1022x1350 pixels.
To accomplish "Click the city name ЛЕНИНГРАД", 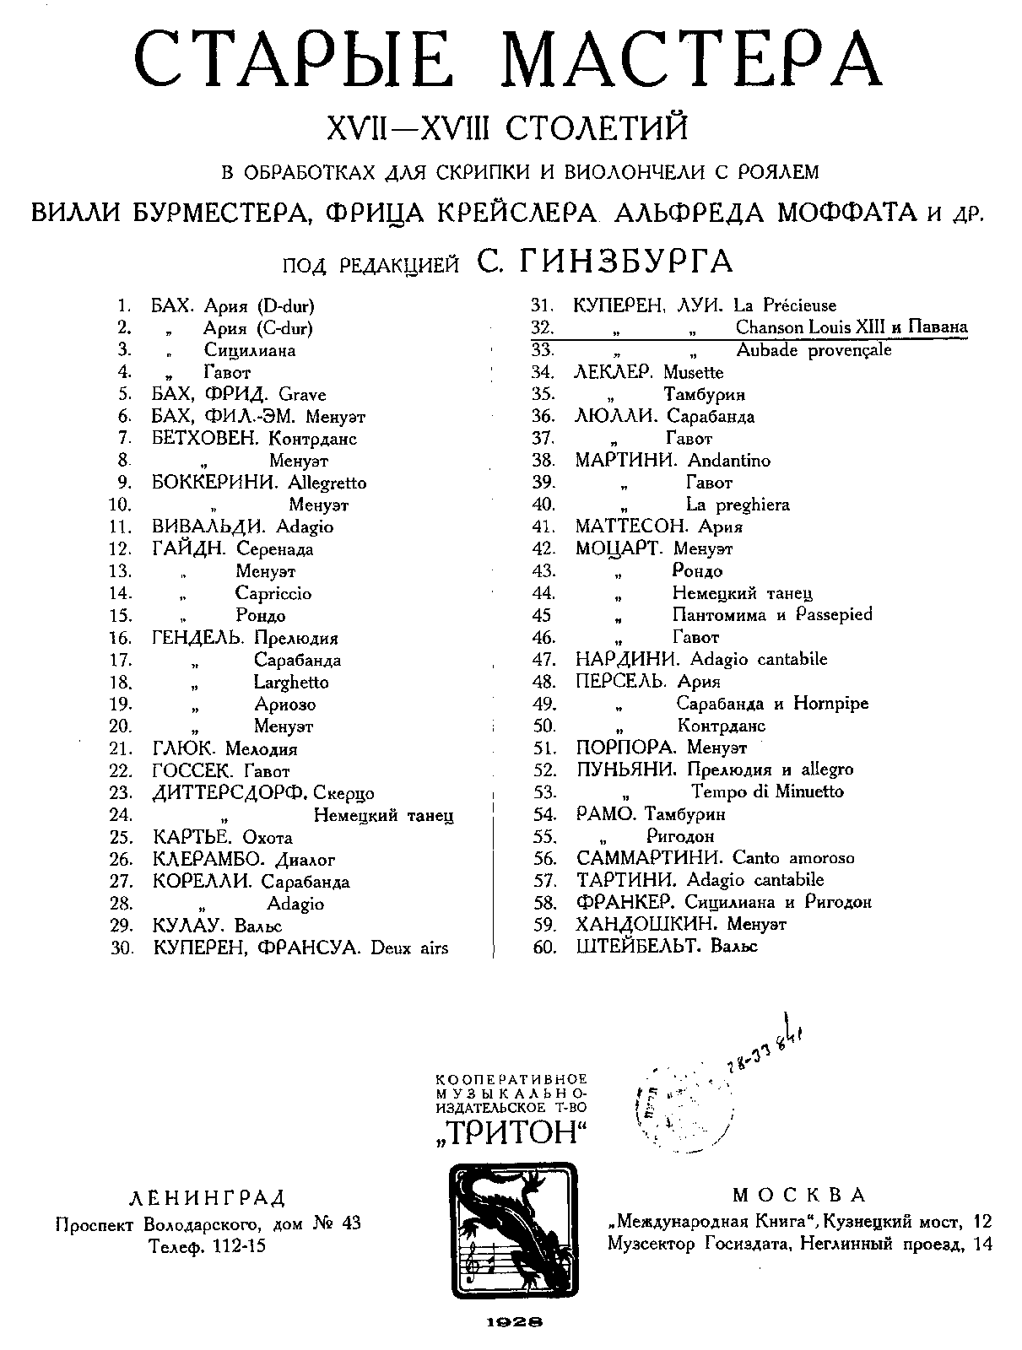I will coord(207,1197).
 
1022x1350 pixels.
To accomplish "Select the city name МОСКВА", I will coord(799,1195).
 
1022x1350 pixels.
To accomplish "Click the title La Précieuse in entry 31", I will coord(784,305).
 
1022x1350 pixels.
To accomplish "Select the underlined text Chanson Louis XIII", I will coord(805,327).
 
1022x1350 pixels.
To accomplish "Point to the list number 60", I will coord(545,947).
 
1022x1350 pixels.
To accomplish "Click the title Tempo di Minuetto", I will coord(767,791).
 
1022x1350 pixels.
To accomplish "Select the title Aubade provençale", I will coord(813,349).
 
